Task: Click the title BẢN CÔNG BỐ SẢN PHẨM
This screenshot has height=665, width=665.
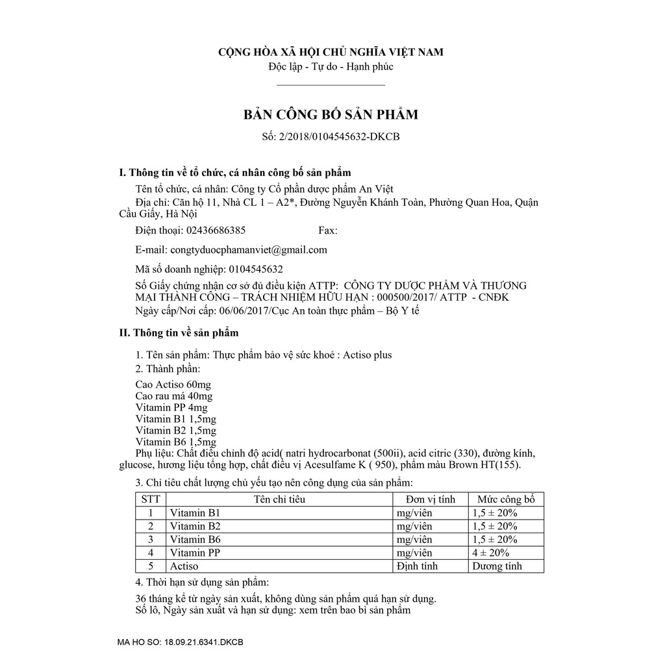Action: (x=331, y=115)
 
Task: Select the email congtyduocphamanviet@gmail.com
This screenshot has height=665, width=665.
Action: (x=249, y=249)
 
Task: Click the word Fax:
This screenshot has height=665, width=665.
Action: (x=327, y=231)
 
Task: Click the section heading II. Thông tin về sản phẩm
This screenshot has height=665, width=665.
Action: (x=179, y=333)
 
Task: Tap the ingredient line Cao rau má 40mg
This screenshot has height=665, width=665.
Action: (x=174, y=395)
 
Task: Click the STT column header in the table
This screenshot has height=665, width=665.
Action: (x=150, y=499)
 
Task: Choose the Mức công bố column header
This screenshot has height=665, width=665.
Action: (x=506, y=499)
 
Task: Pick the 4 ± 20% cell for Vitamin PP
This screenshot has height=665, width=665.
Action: (x=492, y=553)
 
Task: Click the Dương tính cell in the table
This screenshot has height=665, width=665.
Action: (x=497, y=566)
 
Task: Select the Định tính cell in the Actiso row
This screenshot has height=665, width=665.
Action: (x=417, y=566)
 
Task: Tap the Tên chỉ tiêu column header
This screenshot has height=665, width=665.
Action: (x=279, y=499)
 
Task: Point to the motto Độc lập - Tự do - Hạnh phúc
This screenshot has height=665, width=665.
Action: (x=331, y=66)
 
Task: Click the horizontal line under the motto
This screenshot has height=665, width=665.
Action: (x=331, y=84)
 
